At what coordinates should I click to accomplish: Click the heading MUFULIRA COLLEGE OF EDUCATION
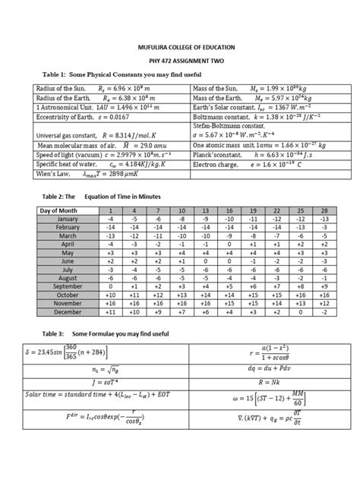[179, 46]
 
